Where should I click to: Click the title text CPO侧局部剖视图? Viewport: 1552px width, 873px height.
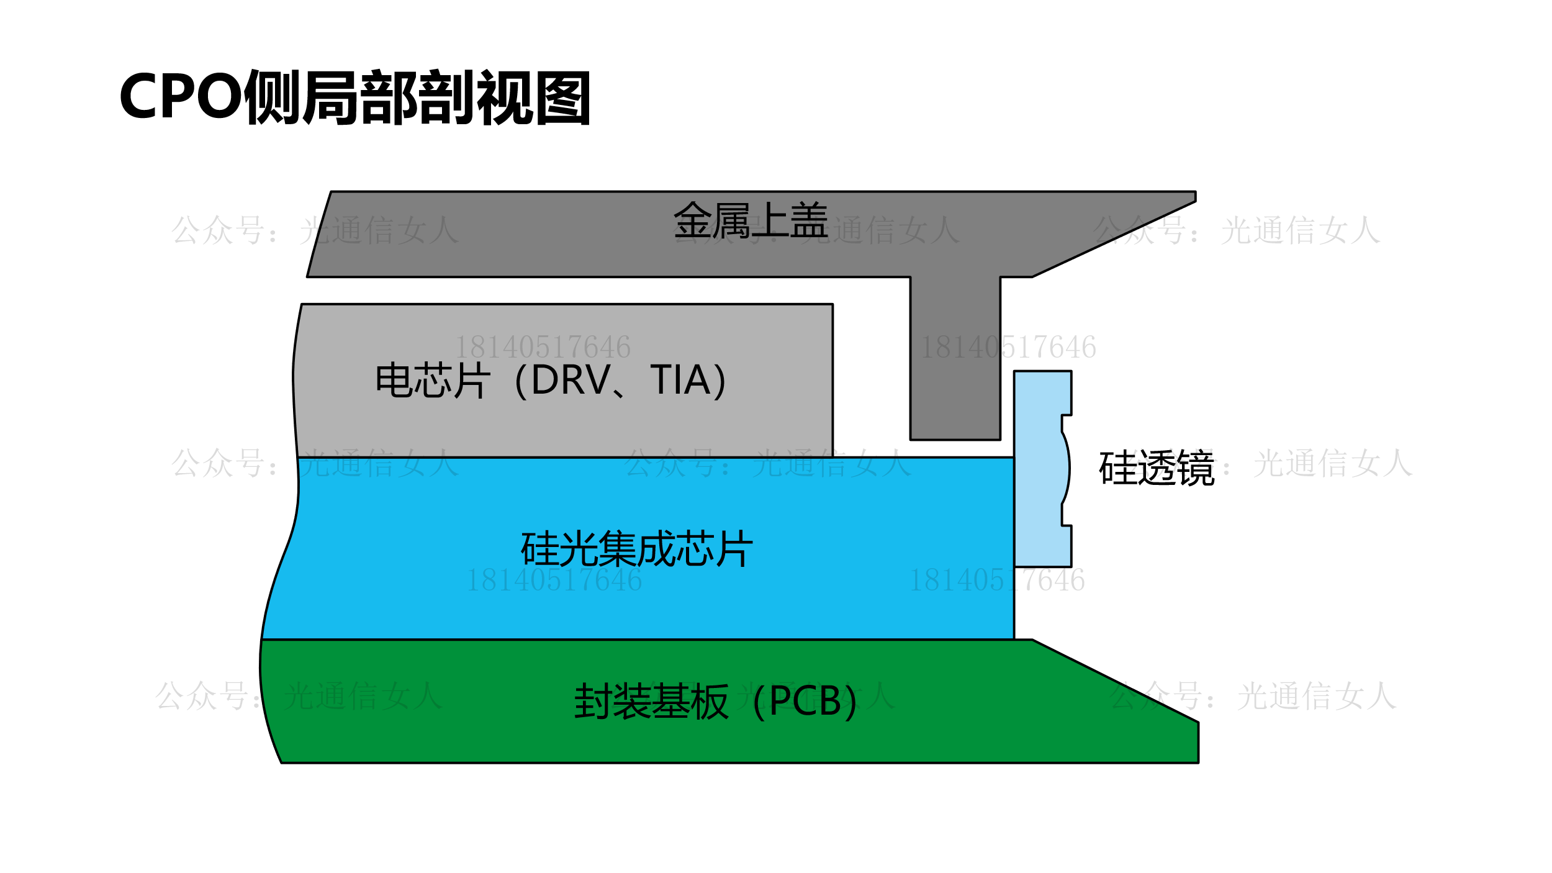coord(354,97)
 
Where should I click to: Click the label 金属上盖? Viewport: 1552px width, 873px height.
coord(751,220)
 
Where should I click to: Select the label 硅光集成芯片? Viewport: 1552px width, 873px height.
coord(636,549)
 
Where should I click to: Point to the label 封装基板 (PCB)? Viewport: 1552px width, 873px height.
coord(715,701)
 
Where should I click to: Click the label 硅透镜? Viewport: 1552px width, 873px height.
coord(1156,468)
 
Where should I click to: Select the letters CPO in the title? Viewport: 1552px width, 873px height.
coord(181,97)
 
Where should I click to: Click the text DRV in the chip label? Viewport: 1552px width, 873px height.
coord(571,379)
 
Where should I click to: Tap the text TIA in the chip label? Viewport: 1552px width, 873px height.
coord(680,379)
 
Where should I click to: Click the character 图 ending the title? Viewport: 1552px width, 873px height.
coord(563,97)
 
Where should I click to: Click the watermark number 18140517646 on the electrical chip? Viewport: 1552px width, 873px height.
coord(543,347)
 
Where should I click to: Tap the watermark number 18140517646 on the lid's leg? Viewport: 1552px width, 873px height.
coord(1008,347)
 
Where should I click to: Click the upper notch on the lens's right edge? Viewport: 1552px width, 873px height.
coord(1066,423)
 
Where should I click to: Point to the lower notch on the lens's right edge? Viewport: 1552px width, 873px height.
coord(1066,515)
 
